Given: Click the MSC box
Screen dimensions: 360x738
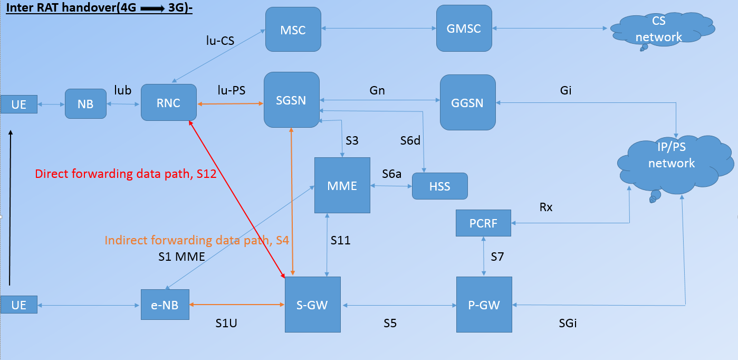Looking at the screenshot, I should [x=293, y=30].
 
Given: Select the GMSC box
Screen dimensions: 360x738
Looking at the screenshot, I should [x=464, y=29].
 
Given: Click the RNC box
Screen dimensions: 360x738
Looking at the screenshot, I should [x=168, y=102].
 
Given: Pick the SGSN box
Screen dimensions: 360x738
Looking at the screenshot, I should [x=291, y=100].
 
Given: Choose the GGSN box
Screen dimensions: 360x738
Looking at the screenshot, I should [x=467, y=102].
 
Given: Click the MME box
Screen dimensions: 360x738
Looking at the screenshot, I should [x=342, y=185].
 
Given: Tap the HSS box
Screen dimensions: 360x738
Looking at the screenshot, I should [x=439, y=186].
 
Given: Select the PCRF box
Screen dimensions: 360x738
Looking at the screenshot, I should [x=483, y=223].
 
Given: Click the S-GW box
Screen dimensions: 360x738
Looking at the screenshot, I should [x=313, y=305].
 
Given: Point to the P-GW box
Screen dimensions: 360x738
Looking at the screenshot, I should [x=484, y=305].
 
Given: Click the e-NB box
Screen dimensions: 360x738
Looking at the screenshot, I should [x=165, y=305].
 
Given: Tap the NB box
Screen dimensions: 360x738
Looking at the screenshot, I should [x=85, y=104].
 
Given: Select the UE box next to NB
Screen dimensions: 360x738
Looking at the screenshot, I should [x=19, y=105].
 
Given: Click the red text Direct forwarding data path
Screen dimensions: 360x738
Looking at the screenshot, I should [x=126, y=174].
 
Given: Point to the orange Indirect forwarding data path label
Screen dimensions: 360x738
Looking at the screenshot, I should [x=197, y=240].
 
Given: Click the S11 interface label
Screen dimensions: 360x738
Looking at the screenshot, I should [x=341, y=241].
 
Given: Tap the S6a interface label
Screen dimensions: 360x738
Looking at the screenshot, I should [x=392, y=174].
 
